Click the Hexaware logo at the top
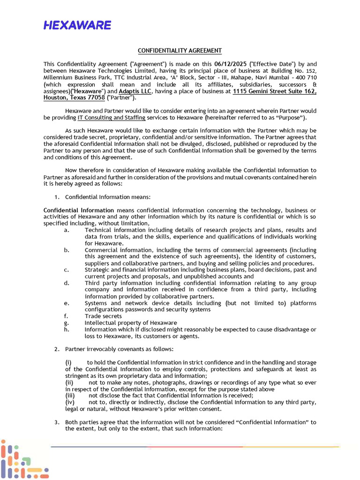click(x=77, y=25)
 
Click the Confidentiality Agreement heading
click(x=180, y=51)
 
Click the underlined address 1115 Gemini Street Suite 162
click(x=274, y=91)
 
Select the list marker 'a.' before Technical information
click(x=67, y=230)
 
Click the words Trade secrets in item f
click(x=103, y=316)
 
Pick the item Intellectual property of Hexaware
click(x=131, y=322)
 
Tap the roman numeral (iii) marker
click(x=70, y=396)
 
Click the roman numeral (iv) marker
click(x=70, y=402)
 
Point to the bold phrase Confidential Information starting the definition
click(x=79, y=210)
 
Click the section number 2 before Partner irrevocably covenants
click(x=56, y=349)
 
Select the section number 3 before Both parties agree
click(x=56, y=422)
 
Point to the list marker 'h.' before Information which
click(x=67, y=330)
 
